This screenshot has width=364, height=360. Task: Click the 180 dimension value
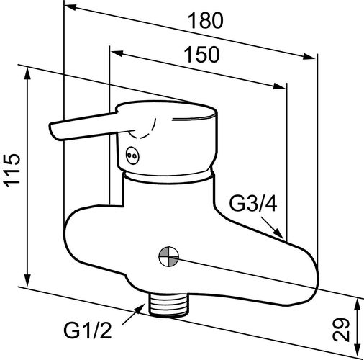click(206, 21)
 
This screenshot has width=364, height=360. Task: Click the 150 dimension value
click(201, 55)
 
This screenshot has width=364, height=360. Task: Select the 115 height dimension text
click(12, 171)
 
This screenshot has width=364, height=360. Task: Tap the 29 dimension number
click(341, 330)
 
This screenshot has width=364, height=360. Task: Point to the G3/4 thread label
click(253, 204)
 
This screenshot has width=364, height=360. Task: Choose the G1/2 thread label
click(88, 330)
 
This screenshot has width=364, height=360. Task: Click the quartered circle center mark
click(169, 257)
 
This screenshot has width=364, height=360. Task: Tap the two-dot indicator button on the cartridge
click(132, 156)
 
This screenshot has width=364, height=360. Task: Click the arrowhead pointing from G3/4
click(280, 233)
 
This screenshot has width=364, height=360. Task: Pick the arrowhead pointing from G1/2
click(140, 309)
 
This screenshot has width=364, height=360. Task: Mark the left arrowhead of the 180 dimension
click(70, 8)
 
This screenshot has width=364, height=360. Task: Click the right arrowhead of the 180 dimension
click(309, 56)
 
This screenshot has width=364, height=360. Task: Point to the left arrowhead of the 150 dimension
click(117, 53)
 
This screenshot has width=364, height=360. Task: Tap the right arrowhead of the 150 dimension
click(280, 86)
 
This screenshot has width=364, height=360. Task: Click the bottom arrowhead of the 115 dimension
click(28, 280)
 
